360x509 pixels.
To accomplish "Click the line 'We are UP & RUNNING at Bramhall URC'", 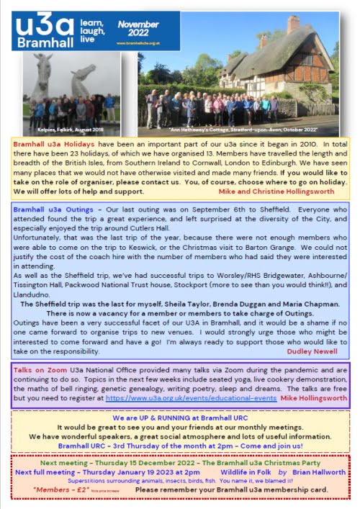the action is [x=179, y=418].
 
